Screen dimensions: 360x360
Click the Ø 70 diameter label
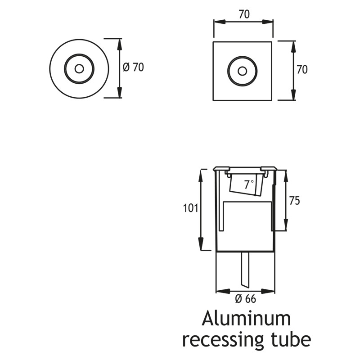click(x=133, y=67)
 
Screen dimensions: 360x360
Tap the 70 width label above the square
click(x=243, y=14)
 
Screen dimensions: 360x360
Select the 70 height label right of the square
click(x=302, y=70)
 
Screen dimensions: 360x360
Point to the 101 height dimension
click(x=190, y=208)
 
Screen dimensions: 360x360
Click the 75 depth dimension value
click(x=294, y=201)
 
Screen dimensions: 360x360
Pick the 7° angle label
click(x=249, y=184)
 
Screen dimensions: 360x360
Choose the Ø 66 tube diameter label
click(x=245, y=298)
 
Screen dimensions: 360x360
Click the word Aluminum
click(x=246, y=319)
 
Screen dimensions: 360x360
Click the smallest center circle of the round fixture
click(x=79, y=68)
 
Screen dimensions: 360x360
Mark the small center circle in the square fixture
click(x=242, y=71)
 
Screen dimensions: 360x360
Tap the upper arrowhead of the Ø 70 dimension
click(x=120, y=42)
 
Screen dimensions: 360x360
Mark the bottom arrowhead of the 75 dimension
click(x=285, y=228)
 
